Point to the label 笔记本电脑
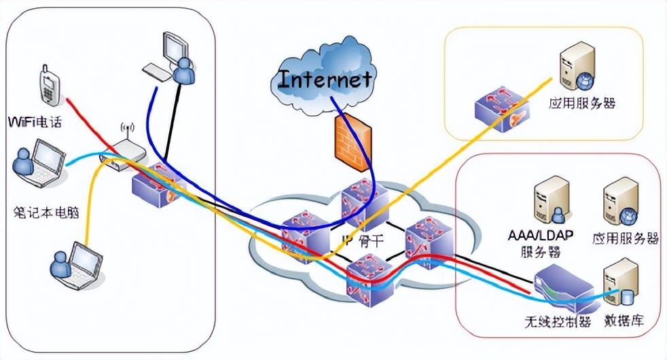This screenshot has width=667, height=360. coord(46,212)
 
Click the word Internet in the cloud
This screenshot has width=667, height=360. coord(326,79)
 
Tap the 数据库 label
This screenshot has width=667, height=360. coord(624,320)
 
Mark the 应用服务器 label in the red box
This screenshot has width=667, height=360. coord(626,238)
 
